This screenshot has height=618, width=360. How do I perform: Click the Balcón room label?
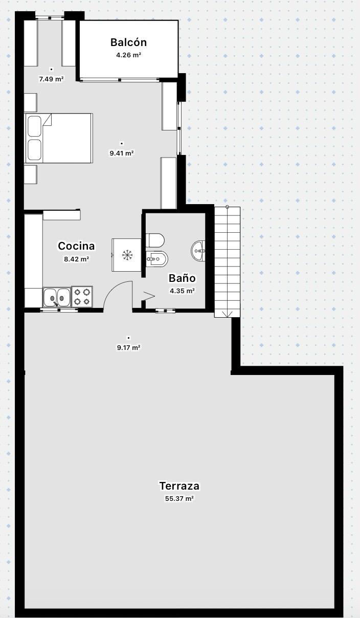pos(128,42)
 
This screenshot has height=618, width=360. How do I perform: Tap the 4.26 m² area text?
pos(128,55)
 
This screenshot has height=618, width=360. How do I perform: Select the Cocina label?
pos(76,246)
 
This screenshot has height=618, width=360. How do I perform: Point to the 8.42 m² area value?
pos(76,259)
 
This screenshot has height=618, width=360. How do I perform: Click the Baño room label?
pos(182,278)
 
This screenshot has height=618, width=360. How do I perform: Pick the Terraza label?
pos(179,485)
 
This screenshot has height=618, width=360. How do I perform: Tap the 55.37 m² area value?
pos(179,498)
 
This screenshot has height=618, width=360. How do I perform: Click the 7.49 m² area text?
pos(51,79)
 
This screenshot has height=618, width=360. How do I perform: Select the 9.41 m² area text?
pos(122,153)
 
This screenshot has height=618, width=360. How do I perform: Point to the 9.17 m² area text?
pos(128,347)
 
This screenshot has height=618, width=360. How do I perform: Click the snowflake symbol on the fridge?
pos(127,255)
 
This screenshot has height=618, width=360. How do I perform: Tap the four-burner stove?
pos(82,297)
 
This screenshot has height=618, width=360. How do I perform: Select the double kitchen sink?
pos(57,297)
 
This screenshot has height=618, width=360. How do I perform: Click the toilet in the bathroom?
pos(155,240)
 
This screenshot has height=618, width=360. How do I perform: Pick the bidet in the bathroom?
pos(157,259)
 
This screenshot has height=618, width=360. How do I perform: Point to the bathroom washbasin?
pos(198,251)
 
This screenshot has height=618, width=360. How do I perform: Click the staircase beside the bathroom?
pos(228,262)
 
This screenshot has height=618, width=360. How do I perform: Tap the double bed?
pos(59,138)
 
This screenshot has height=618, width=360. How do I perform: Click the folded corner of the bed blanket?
pos(48,121)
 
